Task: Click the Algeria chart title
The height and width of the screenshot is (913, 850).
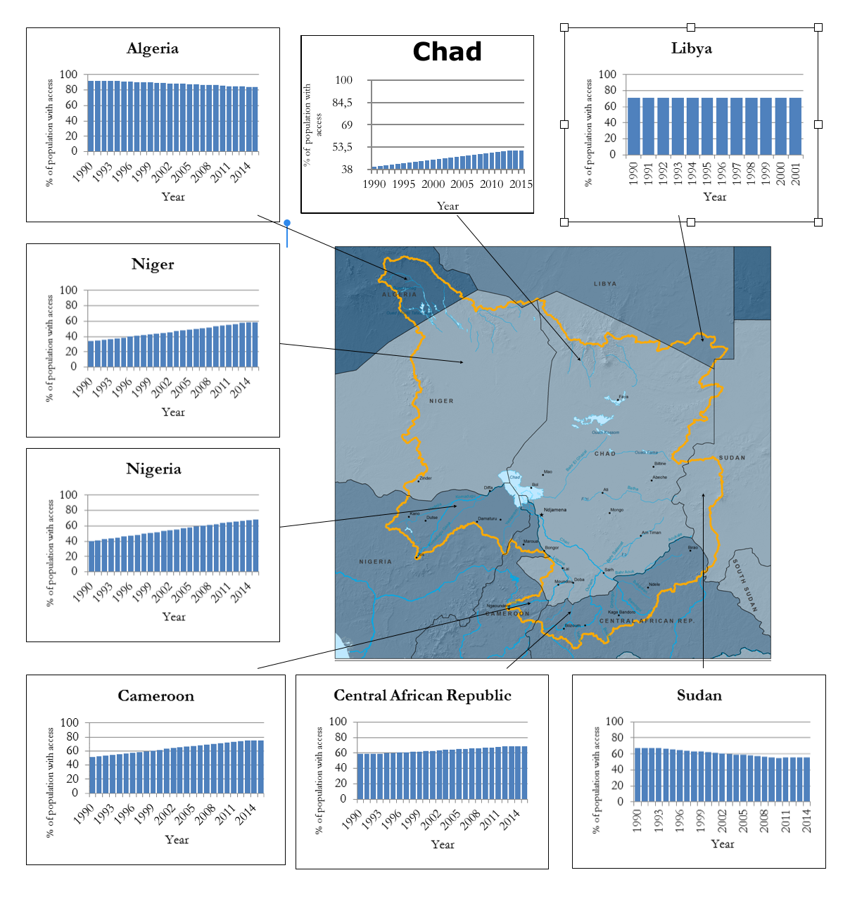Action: pyautogui.click(x=153, y=49)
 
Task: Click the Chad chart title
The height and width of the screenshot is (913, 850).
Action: pyautogui.click(x=447, y=52)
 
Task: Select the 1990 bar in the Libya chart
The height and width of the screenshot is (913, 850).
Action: pyautogui.click(x=633, y=126)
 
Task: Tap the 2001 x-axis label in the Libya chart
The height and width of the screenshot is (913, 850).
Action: pyautogui.click(x=796, y=174)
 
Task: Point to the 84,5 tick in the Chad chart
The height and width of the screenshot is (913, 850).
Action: pyautogui.click(x=343, y=103)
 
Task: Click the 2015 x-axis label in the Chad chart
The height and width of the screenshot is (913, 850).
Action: pyautogui.click(x=521, y=184)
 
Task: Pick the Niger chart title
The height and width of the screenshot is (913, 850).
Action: pyautogui.click(x=153, y=264)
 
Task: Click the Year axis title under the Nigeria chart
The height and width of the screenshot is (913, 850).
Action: pyautogui.click(x=174, y=617)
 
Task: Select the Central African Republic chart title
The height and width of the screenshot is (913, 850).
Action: pyautogui.click(x=422, y=696)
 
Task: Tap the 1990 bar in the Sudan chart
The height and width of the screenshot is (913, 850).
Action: pyautogui.click(x=637, y=774)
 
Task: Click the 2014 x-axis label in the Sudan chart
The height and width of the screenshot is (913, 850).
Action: pyautogui.click(x=806, y=821)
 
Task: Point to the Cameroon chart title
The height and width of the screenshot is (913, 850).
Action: pyautogui.click(x=156, y=696)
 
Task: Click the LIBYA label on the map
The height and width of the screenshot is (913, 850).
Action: pyautogui.click(x=605, y=284)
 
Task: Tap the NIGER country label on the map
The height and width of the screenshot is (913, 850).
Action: pyautogui.click(x=441, y=401)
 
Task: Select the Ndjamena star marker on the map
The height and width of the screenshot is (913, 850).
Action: pyautogui.click(x=541, y=515)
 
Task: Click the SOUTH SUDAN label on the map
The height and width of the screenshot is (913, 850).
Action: pyautogui.click(x=745, y=585)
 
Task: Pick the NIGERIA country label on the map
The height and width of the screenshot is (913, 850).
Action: pyautogui.click(x=375, y=561)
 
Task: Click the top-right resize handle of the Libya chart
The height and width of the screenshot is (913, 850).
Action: pyautogui.click(x=818, y=27)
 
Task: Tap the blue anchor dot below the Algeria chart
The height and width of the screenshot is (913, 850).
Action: pyautogui.click(x=287, y=223)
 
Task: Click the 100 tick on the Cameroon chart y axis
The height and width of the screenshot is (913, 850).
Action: pyautogui.click(x=70, y=723)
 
